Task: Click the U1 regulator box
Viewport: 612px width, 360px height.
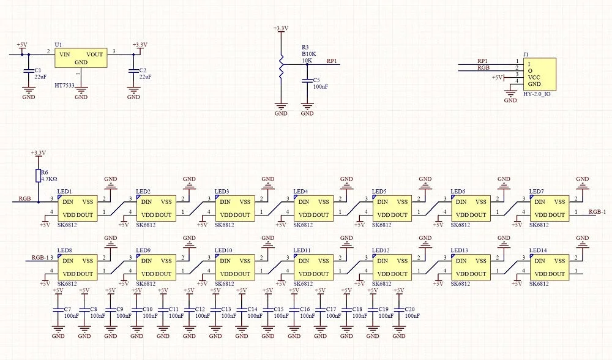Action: [x=81, y=58]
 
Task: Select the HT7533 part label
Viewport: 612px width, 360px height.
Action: [x=64, y=85]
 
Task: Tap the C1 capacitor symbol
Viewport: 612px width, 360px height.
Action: [x=28, y=71]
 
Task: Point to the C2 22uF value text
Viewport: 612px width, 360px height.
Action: [x=145, y=77]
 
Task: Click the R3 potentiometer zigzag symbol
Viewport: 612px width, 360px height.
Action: [x=281, y=65]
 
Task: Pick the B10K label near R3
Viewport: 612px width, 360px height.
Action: [x=308, y=54]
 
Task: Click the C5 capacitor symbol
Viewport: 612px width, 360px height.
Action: [x=307, y=80]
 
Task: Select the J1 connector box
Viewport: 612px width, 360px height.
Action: [x=540, y=75]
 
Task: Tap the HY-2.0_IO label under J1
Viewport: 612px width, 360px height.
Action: [x=537, y=94]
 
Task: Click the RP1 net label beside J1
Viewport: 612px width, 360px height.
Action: [x=482, y=61]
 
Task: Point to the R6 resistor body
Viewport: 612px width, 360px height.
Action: [x=38, y=176]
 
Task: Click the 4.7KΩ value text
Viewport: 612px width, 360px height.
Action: [x=49, y=179]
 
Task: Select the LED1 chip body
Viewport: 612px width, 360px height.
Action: [x=77, y=209]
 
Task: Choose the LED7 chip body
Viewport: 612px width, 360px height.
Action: [x=550, y=209]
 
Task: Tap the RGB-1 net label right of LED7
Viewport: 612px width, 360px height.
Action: [x=597, y=212]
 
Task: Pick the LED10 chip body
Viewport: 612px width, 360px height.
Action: [x=235, y=268]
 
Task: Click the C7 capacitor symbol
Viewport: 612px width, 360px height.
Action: [x=58, y=309]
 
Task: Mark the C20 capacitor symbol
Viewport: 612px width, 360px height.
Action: [x=399, y=309]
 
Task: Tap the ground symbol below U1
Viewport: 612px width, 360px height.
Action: [x=81, y=90]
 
